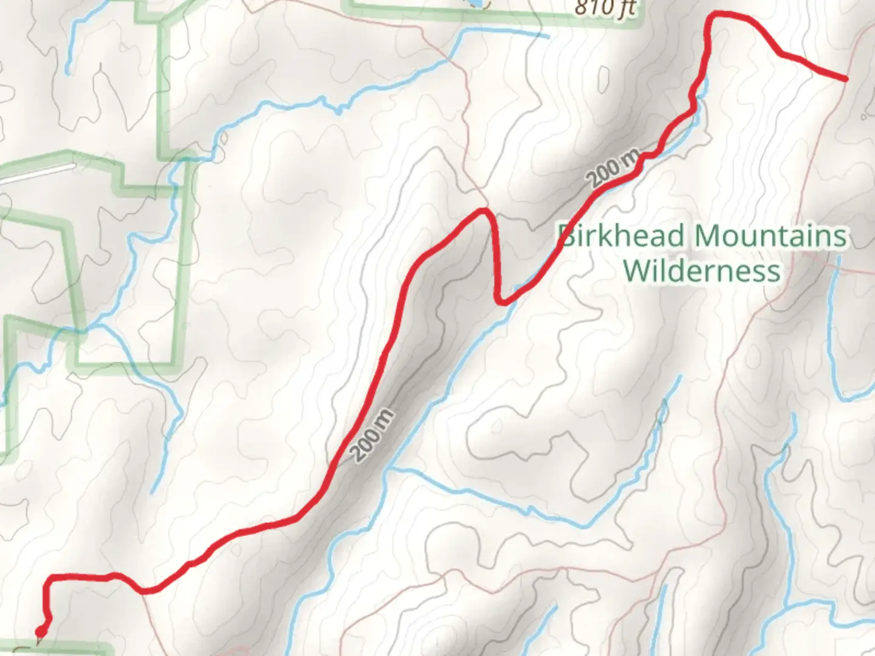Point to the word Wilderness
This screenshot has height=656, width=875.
point(702,270)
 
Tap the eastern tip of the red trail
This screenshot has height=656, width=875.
point(845,79)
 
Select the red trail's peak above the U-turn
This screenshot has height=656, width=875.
point(484,210)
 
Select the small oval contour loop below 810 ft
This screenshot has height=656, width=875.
point(603,77)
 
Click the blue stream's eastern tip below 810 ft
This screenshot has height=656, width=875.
point(547,36)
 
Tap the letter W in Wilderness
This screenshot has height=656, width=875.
point(637,270)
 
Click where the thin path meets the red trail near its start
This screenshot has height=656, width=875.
point(143,590)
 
